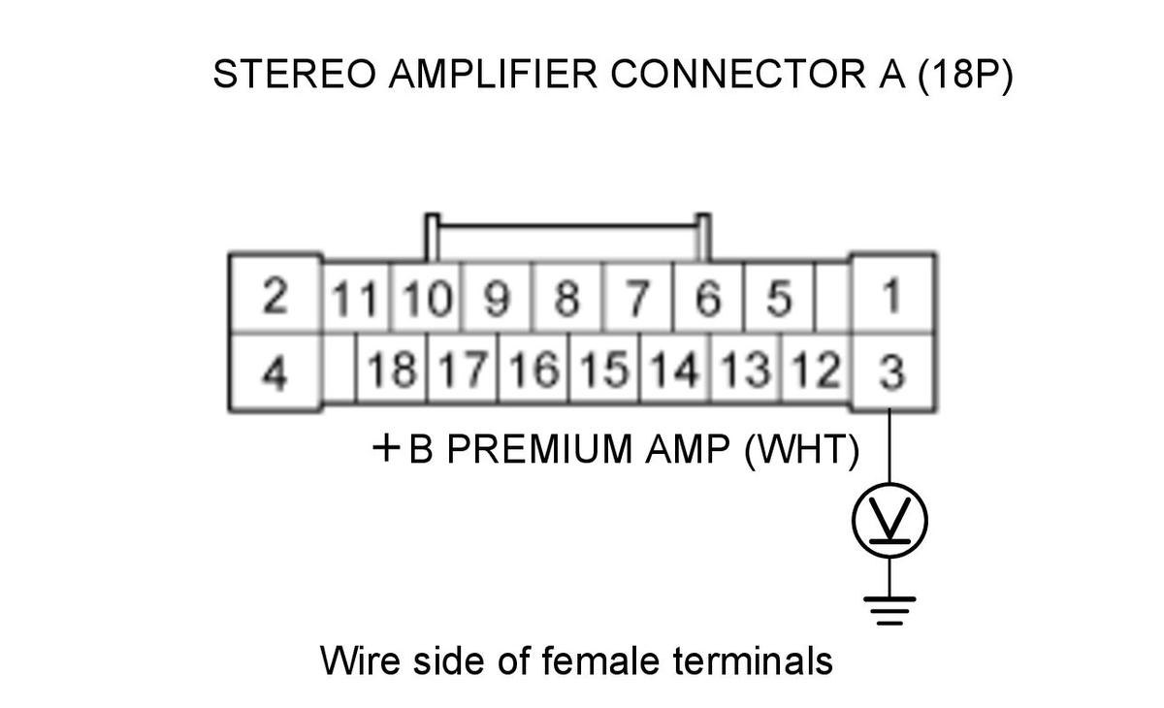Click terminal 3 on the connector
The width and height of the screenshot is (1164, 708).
tap(892, 371)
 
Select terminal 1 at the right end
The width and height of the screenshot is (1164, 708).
tap(892, 295)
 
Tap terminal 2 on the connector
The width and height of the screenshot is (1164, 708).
tap(275, 295)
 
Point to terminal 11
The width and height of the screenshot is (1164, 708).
tap(355, 298)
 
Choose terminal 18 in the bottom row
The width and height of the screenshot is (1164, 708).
tap(392, 369)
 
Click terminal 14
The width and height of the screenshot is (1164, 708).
tap(674, 369)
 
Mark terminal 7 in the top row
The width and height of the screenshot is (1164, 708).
tap(637, 298)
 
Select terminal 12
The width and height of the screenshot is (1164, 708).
tap(816, 369)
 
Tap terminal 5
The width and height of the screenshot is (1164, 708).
tap(779, 298)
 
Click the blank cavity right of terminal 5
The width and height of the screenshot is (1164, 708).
tap(833, 298)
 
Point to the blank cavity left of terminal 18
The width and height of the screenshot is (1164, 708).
tap(339, 369)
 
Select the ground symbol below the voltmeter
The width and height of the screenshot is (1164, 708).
tap(889, 610)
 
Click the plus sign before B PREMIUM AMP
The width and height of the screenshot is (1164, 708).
tap(386, 449)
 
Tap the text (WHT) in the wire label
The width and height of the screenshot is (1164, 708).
tap(802, 450)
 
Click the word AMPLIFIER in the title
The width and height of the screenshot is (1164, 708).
tap(493, 75)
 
